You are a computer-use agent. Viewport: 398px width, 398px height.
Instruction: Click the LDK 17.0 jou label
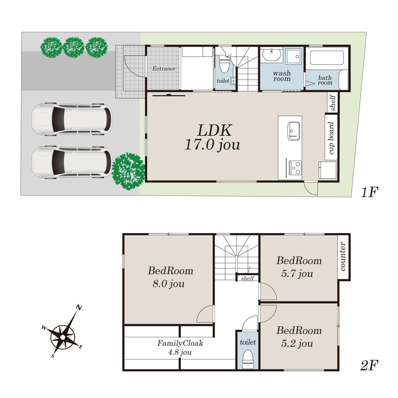point(213,137)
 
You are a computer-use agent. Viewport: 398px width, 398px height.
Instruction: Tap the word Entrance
point(164,69)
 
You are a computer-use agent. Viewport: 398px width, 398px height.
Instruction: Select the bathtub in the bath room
point(327,58)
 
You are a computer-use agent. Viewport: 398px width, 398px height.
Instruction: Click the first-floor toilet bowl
point(225,65)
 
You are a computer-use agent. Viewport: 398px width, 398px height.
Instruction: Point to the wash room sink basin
point(271,55)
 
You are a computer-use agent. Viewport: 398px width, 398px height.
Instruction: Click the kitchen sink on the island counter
point(293,131)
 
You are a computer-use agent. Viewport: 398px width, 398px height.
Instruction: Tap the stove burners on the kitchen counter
point(295,168)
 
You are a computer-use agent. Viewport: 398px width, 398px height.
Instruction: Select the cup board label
point(331,138)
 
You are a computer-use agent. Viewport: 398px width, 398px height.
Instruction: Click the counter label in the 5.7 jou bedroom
point(343,256)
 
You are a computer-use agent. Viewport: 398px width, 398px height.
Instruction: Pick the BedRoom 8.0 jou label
point(170,277)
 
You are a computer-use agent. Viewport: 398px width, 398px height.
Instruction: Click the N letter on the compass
point(79,308)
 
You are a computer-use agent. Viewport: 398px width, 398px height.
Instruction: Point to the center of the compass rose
point(63,337)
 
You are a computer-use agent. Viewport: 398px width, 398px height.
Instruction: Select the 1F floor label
point(370,192)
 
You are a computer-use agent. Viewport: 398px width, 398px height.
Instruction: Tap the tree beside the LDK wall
point(128,171)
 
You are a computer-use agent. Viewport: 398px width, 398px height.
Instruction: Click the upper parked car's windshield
point(58,119)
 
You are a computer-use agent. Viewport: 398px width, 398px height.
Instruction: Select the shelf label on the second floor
point(247,278)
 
